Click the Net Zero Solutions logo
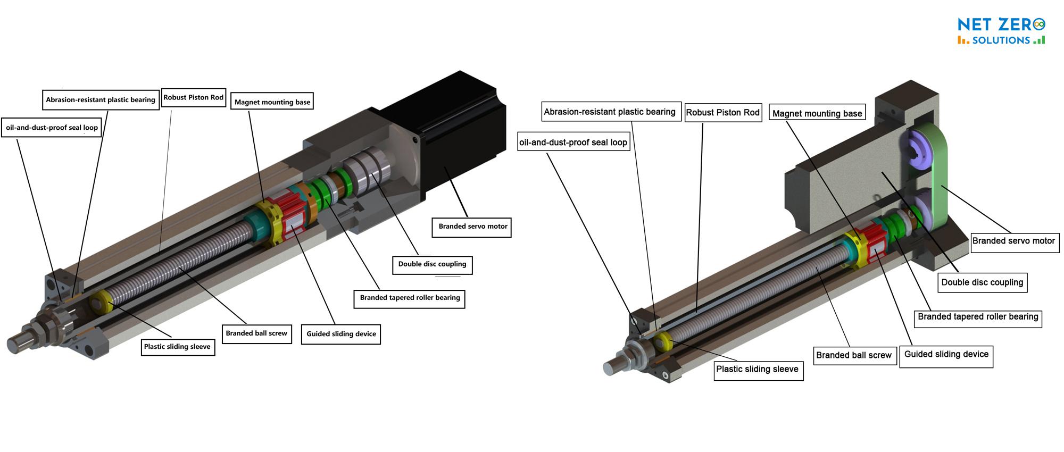tap(1001, 31)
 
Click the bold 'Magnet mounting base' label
tap(272, 102)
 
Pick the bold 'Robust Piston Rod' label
tap(193, 97)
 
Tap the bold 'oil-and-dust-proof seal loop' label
tap(52, 128)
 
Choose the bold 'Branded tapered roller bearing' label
tap(409, 298)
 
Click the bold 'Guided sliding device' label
tap(341, 334)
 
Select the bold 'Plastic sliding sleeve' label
tap(177, 347)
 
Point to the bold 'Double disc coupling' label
tap(432, 264)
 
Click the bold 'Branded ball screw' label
tap(256, 333)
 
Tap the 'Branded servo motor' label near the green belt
tap(1013, 241)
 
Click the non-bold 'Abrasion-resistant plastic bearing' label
tap(610, 112)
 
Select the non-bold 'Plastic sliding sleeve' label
tap(757, 369)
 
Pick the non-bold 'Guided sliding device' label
tap(946, 354)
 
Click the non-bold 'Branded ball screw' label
tap(854, 355)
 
